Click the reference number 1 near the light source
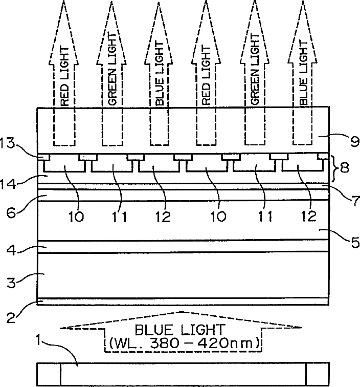click(39, 338)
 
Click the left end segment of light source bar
click(49, 375)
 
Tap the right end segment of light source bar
click(317, 375)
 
